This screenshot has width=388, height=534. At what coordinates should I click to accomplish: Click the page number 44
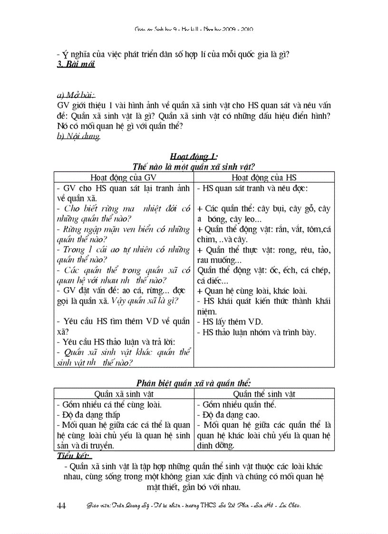point(61,505)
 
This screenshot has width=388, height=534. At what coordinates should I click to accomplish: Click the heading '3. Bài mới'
point(76,64)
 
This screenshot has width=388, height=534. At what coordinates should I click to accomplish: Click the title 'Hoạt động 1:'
point(194,156)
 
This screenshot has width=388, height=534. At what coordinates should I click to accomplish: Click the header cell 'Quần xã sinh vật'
point(124,394)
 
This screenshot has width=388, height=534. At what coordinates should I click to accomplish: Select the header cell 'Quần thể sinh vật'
point(264,394)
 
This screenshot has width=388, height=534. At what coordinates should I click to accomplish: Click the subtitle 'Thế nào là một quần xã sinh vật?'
point(194,166)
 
